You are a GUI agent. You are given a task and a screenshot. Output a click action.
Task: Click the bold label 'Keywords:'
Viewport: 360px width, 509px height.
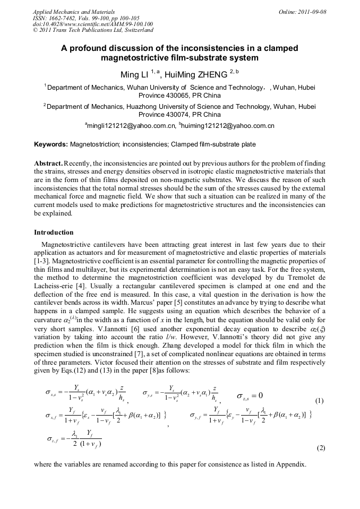coord(51,144)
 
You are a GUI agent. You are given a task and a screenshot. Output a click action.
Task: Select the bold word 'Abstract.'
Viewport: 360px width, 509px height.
coord(49,163)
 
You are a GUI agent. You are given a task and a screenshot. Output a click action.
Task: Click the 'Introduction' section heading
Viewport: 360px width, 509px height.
coord(54,232)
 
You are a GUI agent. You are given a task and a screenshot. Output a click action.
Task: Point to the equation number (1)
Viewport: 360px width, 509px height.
coord(320,400)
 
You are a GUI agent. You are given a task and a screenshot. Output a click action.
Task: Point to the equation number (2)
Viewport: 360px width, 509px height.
coord(321,447)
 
